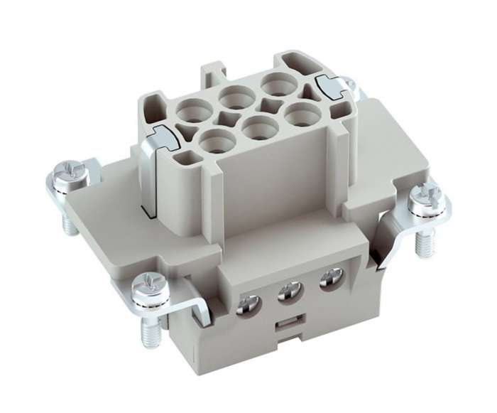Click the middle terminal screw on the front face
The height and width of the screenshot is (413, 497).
click(288, 291)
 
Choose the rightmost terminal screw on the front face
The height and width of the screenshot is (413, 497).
click(328, 278)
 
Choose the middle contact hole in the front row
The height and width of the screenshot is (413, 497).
click(259, 126)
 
